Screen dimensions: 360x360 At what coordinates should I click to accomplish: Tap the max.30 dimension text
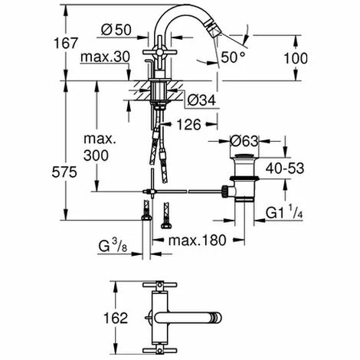pyautogui.click(x=103, y=58)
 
